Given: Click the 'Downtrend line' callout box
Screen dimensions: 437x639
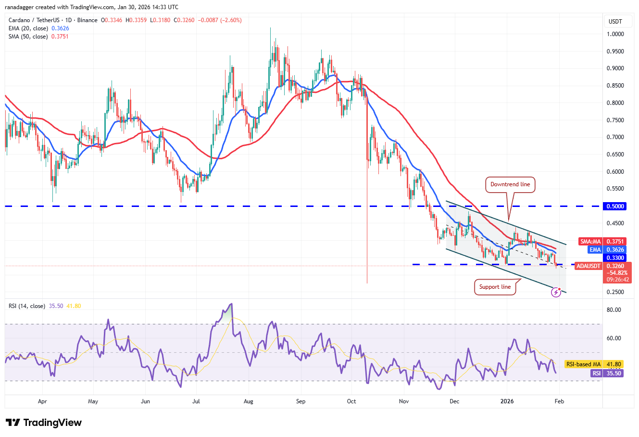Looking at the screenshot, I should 510,184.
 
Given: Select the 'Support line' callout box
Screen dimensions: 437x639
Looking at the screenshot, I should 495,287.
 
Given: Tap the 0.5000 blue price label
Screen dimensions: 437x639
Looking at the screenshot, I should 615,206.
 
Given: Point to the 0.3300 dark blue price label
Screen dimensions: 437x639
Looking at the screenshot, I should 615,258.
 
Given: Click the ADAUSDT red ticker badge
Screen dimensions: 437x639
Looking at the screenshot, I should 589,266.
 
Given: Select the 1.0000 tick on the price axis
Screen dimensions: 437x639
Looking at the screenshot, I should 615,34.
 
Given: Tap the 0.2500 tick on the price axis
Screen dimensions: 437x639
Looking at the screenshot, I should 615,292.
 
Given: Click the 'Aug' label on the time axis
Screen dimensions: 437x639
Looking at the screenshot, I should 248,401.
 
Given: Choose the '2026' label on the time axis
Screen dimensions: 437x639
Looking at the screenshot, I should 507,401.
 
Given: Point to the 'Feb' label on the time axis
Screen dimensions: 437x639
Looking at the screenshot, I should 559,401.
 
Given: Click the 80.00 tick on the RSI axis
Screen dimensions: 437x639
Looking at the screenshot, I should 614,310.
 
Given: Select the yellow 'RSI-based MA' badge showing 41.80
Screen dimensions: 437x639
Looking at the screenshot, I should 594,364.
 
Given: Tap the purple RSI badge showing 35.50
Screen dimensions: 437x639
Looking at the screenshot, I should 607,373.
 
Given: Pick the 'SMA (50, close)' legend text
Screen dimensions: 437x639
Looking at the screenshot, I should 28,37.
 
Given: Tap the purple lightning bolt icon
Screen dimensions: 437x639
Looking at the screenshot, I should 556,292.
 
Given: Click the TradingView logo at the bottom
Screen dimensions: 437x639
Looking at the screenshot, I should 44,423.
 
